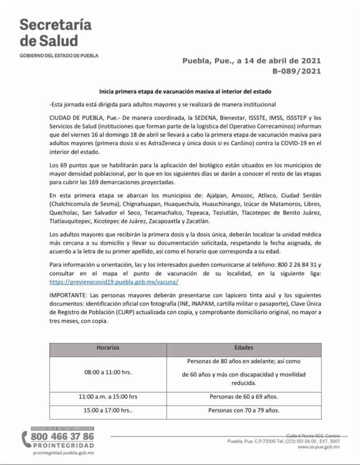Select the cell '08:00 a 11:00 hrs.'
pyautogui.click(x=108, y=372)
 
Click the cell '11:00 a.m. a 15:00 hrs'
pyautogui.click(x=108, y=396)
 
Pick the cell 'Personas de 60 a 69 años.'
pyautogui.click(x=244, y=396)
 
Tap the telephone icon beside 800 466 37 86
pyautogui.click(x=26, y=440)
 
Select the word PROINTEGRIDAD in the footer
pyautogui.click(x=64, y=445)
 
